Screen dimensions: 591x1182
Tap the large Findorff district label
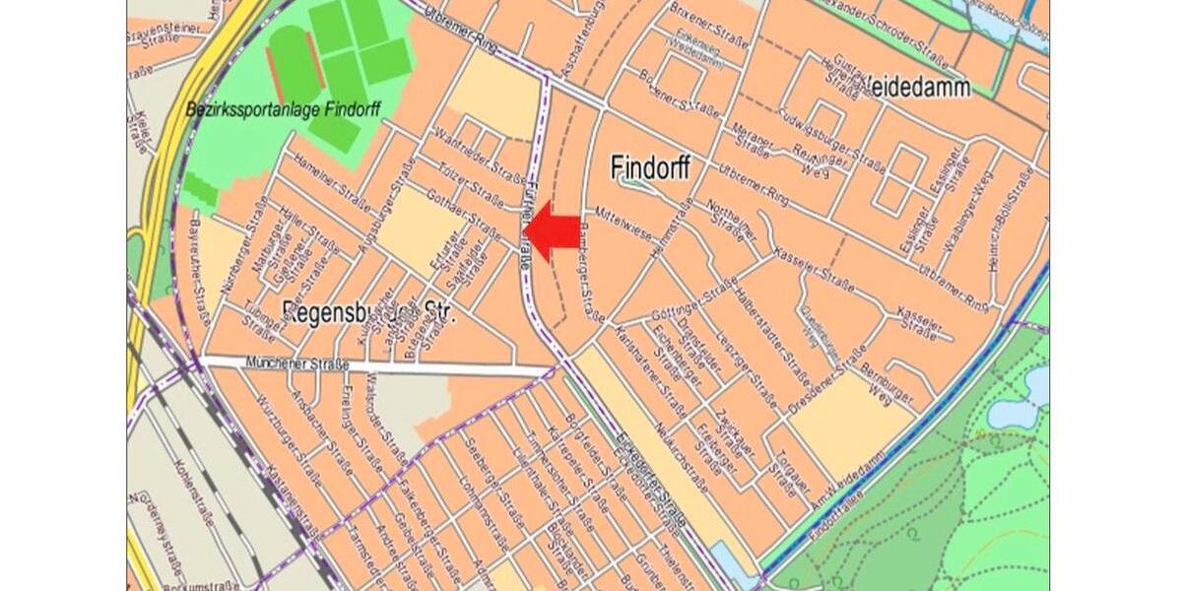tap(649, 167)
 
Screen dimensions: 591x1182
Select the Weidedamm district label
tap(916, 88)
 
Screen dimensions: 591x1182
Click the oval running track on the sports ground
tap(294, 61)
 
